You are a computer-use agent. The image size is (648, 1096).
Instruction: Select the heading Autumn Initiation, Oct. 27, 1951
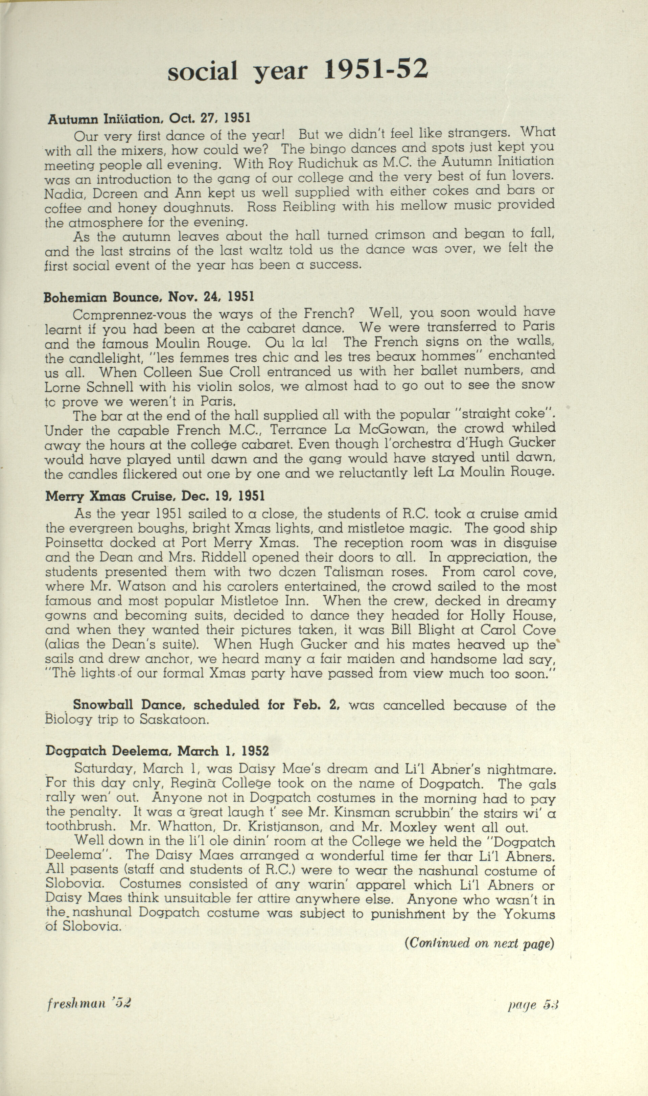(x=149, y=118)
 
